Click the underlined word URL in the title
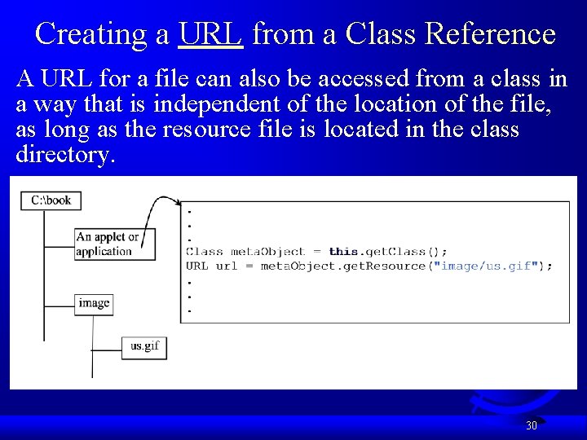pyautogui.click(x=210, y=34)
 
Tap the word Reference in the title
pyautogui.click(x=491, y=34)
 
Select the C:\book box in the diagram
pyautogui.click(x=51, y=200)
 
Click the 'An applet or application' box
pyautogui.click(x=114, y=244)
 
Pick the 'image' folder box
pyautogui.click(x=94, y=303)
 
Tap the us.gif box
pyautogui.click(x=144, y=346)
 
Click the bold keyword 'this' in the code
pyautogui.click(x=344, y=252)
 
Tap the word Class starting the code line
pyautogui.click(x=204, y=252)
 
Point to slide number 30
pyautogui.click(x=532, y=425)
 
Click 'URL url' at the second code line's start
pyautogui.click(x=212, y=266)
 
